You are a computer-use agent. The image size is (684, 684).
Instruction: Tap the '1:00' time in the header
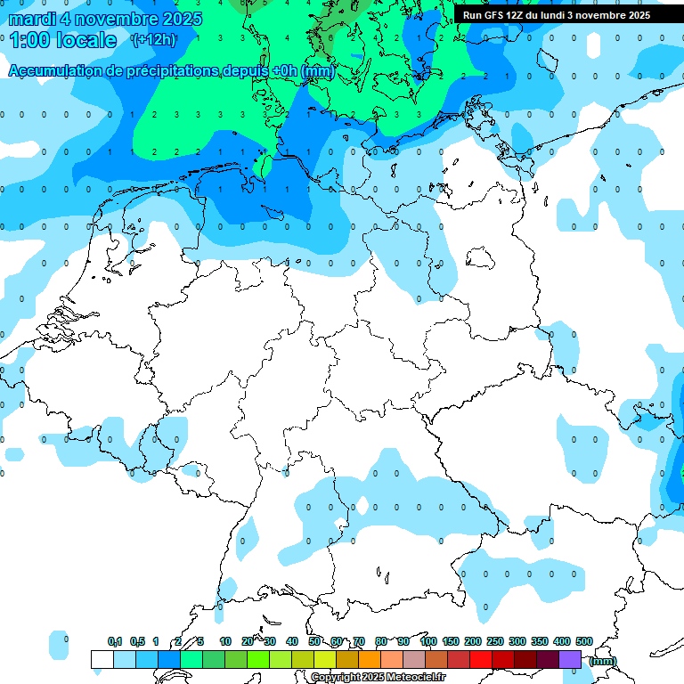coord(28,40)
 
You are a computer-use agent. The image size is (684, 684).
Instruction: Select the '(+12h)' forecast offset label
coord(153,40)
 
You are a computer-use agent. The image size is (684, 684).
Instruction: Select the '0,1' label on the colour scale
coord(115,641)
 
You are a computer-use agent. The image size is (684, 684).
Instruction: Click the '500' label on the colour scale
coord(584,641)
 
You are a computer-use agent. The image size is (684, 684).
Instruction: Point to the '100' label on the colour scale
coord(428,641)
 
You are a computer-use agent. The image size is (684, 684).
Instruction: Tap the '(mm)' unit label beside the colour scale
coord(602,661)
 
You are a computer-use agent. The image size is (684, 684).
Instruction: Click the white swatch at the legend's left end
coord(102,659)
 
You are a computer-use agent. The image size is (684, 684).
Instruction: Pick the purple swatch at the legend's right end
coord(570,659)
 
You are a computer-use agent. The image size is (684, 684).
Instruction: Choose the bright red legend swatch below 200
coord(481,659)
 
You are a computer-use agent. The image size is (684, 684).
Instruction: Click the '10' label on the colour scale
coord(225,641)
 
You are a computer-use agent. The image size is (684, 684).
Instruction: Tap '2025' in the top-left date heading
coord(158,19)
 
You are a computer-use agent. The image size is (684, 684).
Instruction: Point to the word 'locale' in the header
coord(86,40)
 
